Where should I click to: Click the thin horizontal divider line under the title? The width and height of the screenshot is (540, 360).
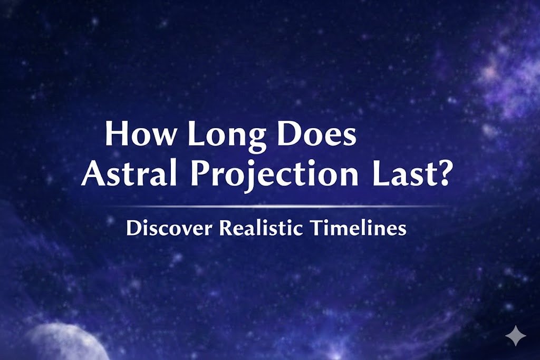[x=269, y=206]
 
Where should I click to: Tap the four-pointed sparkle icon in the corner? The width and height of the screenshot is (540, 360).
[x=515, y=336]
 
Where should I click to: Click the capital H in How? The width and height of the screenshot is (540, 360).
[x=117, y=135]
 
